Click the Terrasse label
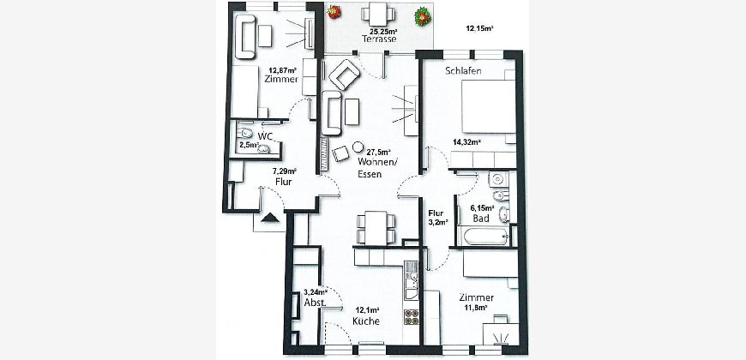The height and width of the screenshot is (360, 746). [379, 39]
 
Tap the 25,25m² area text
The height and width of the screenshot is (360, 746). [380, 32]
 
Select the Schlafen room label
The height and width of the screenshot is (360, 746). [463, 71]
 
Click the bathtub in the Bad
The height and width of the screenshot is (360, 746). [485, 236]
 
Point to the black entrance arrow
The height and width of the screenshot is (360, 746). [270, 218]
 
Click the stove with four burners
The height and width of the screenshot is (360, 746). [412, 317]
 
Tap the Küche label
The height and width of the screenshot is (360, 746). [366, 321]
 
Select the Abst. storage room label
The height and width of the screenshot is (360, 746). [315, 303]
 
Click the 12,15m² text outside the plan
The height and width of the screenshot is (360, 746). [479, 28]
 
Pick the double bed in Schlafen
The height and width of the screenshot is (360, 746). [489, 106]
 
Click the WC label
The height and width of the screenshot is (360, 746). [265, 136]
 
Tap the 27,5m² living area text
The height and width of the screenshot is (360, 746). [379, 153]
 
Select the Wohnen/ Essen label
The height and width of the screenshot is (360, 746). [377, 168]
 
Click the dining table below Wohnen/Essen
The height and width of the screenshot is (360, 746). [376, 228]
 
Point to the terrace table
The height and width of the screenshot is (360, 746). [378, 15]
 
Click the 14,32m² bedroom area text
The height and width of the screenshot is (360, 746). [466, 141]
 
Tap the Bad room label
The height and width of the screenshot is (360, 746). [481, 219]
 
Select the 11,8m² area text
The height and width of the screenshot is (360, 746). [476, 308]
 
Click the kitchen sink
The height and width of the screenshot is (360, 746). [411, 284]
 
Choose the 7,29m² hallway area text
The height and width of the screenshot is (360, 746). [285, 171]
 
